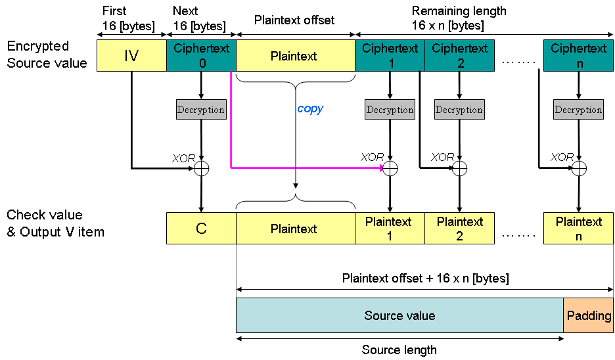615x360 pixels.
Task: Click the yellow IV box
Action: [131, 56]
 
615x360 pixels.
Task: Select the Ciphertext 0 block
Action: [201, 56]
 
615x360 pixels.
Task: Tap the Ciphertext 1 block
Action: [390, 56]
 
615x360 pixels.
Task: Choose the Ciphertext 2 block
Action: [459, 56]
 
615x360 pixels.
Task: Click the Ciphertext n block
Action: [578, 56]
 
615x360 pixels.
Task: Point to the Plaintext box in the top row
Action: [294, 56]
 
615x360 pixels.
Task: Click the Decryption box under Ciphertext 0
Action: [201, 110]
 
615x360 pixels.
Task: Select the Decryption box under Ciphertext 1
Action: [390, 110]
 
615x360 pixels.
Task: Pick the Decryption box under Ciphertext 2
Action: [459, 110]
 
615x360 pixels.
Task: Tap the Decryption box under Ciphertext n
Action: [578, 110]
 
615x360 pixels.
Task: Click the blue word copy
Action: [310, 109]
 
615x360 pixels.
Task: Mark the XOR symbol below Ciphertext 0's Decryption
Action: [201, 169]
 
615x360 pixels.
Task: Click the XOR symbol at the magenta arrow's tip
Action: [390, 169]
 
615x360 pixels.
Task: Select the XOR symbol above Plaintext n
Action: [578, 169]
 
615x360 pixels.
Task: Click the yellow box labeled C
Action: [201, 229]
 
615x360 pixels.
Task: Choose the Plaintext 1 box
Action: [390, 229]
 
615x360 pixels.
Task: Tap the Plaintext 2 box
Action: [459, 229]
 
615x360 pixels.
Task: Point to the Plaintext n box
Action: [578, 229]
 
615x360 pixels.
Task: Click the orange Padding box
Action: [589, 316]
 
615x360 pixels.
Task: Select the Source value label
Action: [399, 316]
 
